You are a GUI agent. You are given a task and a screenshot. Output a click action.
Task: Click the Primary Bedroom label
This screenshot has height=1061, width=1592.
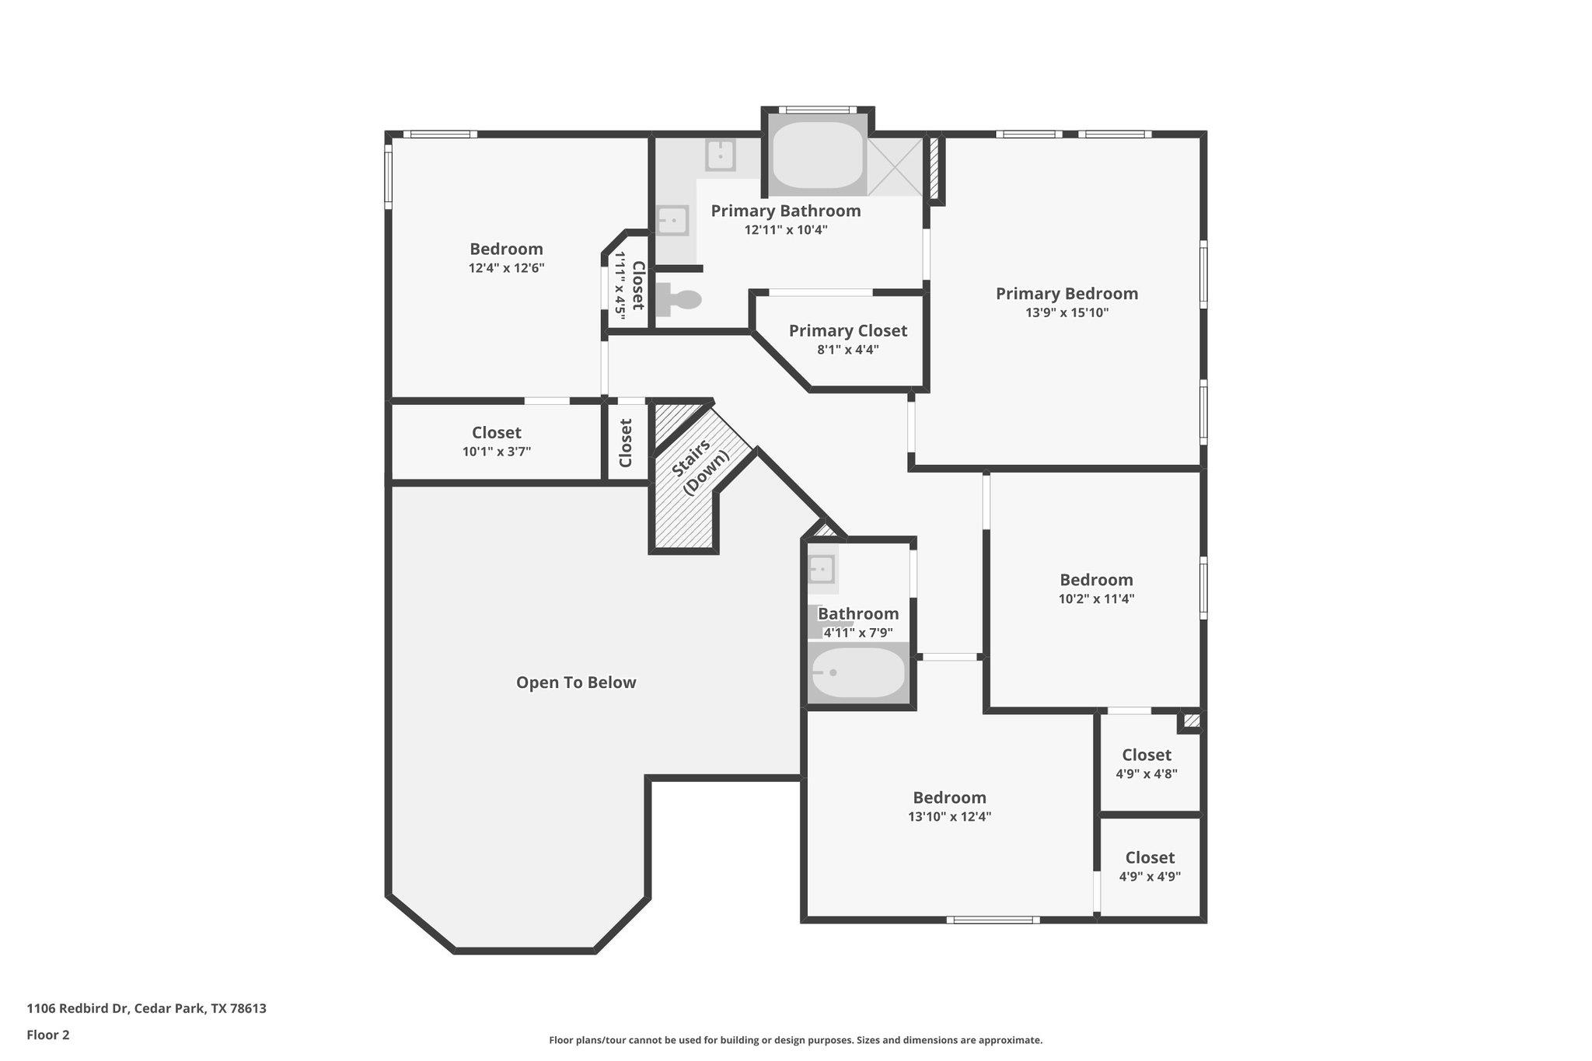click(x=1067, y=294)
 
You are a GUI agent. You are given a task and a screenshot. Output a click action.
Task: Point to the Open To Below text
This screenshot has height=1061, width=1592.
click(x=576, y=682)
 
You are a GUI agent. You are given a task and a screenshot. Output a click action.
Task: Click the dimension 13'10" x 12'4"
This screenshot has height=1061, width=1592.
click(x=949, y=817)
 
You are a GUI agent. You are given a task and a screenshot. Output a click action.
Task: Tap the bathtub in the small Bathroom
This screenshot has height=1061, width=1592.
click(x=858, y=673)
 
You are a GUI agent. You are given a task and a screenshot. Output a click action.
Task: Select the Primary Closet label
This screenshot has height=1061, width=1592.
click(x=847, y=331)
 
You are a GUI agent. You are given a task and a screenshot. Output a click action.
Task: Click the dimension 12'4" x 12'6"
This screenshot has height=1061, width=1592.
click(x=506, y=268)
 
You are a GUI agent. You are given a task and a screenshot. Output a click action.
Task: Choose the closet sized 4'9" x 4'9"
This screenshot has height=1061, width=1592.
click(x=1150, y=866)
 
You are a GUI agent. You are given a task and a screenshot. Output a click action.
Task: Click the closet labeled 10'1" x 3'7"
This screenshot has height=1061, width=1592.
click(x=496, y=441)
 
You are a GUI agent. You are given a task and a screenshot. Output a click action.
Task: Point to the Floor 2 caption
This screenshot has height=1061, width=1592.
click(x=48, y=1035)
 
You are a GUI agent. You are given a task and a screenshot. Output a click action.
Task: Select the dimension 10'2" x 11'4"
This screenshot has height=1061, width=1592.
click(x=1096, y=599)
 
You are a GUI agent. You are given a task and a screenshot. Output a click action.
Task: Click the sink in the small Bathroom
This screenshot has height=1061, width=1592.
click(x=821, y=569)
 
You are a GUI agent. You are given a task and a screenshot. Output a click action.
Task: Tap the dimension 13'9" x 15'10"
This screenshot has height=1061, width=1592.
click(x=1067, y=313)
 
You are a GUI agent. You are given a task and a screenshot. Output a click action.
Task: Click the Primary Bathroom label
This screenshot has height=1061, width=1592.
click(x=785, y=211)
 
